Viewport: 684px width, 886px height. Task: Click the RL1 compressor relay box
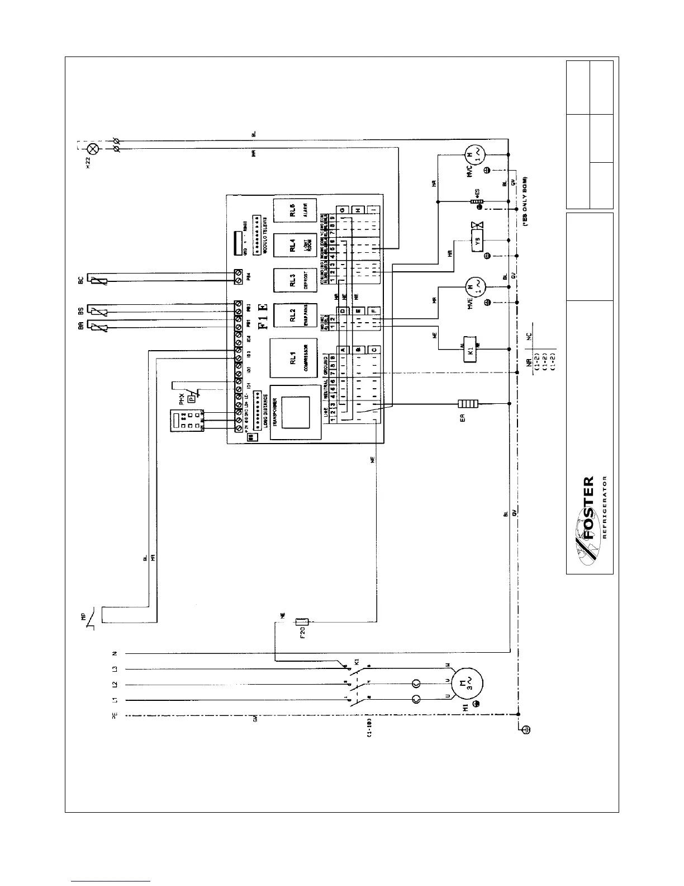(293, 360)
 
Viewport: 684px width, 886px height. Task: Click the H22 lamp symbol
(93, 148)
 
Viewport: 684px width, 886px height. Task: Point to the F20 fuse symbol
(302, 621)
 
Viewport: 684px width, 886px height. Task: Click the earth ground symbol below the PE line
(525, 729)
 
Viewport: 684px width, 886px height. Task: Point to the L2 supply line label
(114, 684)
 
